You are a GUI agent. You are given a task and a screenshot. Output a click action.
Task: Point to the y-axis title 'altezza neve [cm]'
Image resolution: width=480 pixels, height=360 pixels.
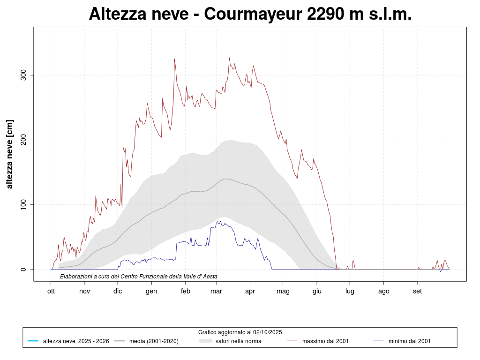coord(10,154)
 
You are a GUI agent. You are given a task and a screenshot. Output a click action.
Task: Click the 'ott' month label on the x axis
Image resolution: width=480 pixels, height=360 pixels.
coord(51,291)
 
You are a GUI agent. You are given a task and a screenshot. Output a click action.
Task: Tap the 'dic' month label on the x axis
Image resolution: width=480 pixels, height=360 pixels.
coord(118,291)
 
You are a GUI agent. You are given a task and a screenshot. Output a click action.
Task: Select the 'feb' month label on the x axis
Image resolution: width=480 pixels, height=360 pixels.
coord(185,291)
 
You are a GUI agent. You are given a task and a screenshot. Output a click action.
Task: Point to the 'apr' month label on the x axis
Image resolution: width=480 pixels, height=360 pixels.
coord(250,291)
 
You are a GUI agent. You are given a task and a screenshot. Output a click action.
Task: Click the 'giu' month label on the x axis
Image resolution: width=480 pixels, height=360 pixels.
coord(317,291)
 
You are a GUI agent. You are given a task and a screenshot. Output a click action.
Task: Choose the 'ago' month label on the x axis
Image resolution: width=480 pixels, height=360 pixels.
coord(384,291)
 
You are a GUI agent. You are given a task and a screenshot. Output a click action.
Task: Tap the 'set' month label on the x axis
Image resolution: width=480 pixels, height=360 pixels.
coord(417,291)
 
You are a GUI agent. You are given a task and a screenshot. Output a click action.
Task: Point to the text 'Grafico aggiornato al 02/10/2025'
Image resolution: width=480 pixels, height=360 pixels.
coord(240,332)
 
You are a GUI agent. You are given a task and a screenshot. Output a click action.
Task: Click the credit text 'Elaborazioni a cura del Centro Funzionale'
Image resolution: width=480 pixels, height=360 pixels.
coord(139,277)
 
